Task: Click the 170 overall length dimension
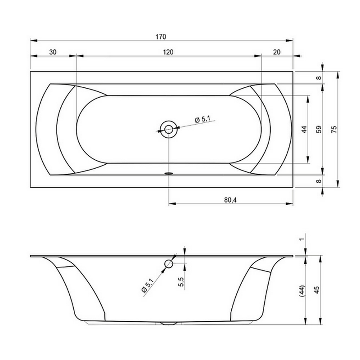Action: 161,37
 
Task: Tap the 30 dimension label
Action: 53,52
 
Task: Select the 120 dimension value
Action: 168,52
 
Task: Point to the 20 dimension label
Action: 277,52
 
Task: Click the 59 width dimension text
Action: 319,130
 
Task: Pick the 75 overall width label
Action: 334,130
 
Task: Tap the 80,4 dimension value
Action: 230,200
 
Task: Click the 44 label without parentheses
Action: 304,130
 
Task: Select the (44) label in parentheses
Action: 302,291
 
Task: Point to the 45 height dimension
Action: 317,290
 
